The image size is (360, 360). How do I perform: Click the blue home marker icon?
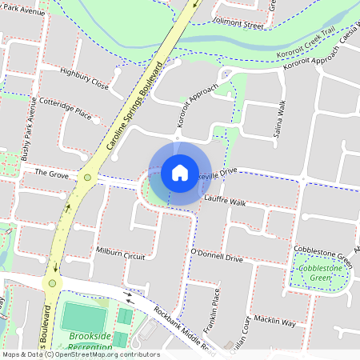[x=180, y=172]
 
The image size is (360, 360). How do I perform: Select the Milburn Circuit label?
[x=120, y=254]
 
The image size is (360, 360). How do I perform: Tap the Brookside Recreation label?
[x=90, y=342]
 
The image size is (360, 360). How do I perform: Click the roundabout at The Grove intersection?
[x=86, y=177]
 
